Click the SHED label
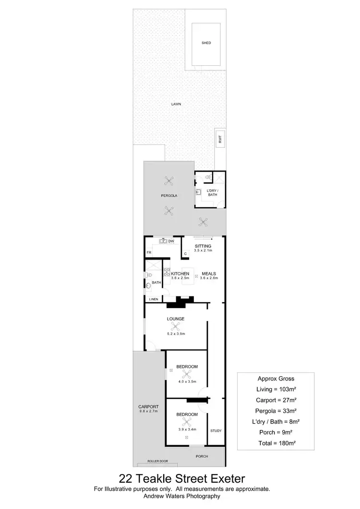tap(206, 43)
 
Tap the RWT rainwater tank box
tap(220, 140)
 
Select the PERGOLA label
tap(169, 196)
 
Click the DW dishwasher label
tap(171, 241)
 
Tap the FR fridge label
tap(149, 253)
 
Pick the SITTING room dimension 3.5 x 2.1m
tap(203, 251)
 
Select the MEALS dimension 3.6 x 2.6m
tap(209, 278)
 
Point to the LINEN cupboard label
tap(154, 299)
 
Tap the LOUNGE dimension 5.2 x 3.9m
tap(176, 334)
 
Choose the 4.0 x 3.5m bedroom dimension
tap(187, 382)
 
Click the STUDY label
tap(216, 430)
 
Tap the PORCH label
tap(202, 456)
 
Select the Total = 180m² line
tap(276, 444)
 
